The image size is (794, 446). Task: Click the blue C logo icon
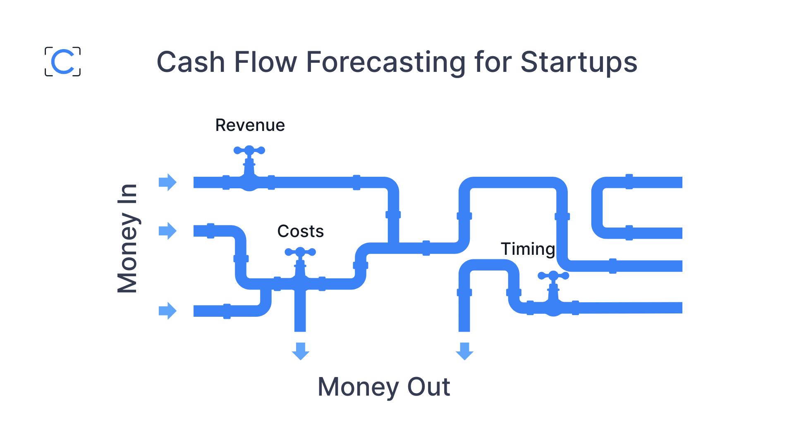pos(63,62)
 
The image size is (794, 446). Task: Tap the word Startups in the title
pos(579,63)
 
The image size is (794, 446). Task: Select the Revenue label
pos(250,125)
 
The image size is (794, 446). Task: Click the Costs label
pos(300,231)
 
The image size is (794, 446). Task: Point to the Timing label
pos(528,249)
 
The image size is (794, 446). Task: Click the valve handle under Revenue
pos(249,151)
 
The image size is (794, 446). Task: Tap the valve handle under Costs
pos(300,252)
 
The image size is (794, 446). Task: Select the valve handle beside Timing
pos(553,275)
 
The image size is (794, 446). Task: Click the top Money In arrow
pos(167,182)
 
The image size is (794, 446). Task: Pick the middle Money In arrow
pos(167,231)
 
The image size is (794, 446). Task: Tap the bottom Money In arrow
pos(167,311)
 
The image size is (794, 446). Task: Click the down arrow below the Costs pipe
pos(300,351)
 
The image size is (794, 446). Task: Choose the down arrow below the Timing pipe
pos(464,351)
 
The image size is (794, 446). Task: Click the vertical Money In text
pos(127,238)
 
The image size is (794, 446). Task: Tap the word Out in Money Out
pos(428,387)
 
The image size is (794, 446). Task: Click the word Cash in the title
pos(191,63)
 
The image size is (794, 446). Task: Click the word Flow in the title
pos(265,63)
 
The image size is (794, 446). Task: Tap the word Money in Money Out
pos(358,387)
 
